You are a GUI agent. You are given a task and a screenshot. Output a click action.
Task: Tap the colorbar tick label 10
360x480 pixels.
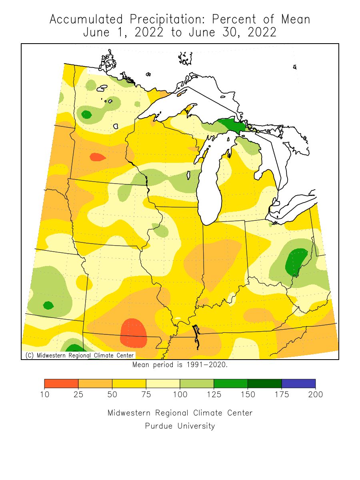click(44, 395)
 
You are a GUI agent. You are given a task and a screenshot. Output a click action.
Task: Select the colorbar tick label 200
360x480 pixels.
click(315, 395)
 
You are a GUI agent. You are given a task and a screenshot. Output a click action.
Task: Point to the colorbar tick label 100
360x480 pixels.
click(180, 395)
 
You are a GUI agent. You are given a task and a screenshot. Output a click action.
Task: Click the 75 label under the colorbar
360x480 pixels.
click(146, 395)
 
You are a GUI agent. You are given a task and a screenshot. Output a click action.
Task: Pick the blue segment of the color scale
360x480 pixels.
click(298, 384)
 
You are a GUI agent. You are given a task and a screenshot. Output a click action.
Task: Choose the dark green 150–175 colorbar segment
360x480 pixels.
click(264, 384)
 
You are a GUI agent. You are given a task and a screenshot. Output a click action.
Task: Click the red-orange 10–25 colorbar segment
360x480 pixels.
click(61, 384)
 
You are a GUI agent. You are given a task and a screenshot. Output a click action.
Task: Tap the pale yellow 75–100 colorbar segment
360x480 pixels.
click(163, 384)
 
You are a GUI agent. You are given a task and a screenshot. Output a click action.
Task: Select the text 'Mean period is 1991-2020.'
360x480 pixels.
click(180, 365)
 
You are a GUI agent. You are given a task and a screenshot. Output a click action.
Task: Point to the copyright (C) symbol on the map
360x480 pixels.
click(29, 355)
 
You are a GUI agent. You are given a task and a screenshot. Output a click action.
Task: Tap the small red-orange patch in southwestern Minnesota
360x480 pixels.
click(97, 157)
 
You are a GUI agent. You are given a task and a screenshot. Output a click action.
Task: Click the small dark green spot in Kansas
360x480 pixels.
click(48, 305)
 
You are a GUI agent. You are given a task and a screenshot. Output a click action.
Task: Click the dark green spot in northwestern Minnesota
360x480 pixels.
click(86, 115)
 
